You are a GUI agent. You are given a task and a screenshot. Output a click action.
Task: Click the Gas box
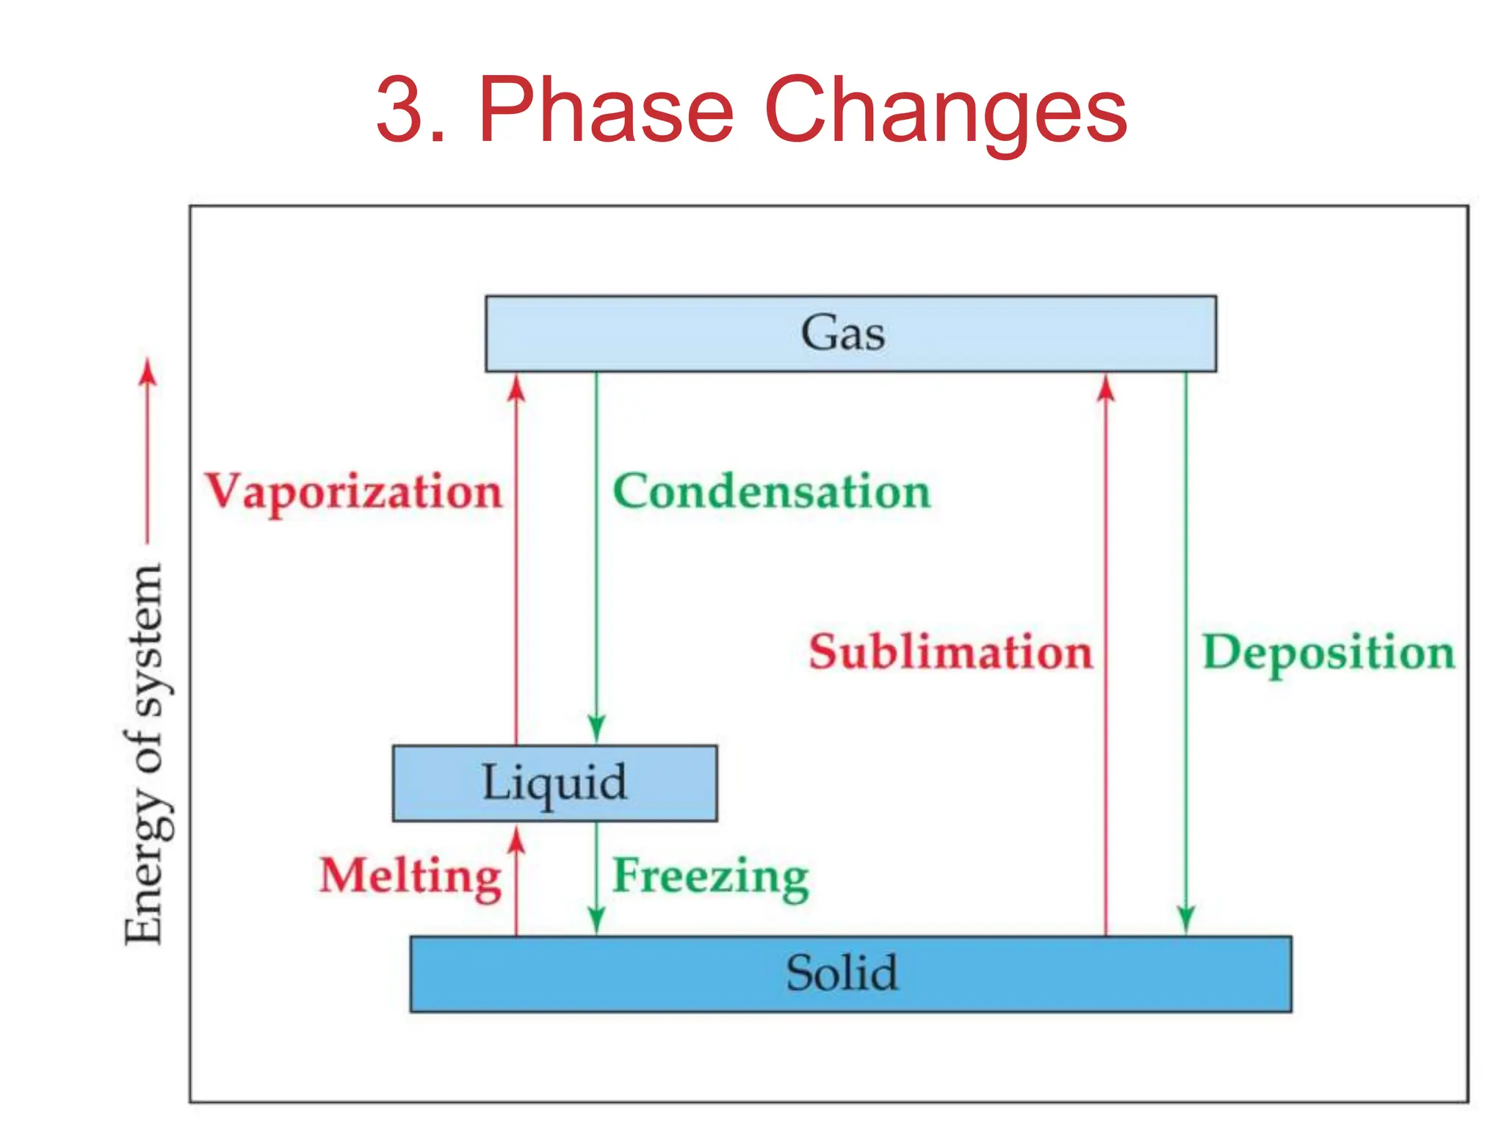pos(850,333)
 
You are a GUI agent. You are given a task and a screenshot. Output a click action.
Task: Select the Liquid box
pos(554,783)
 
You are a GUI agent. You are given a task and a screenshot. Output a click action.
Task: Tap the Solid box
pos(850,974)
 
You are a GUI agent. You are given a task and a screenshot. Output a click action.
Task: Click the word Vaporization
pos(353,491)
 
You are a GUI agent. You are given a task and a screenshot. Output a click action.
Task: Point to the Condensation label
pos(771,491)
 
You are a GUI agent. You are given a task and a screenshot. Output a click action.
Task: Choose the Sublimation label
pos(951,652)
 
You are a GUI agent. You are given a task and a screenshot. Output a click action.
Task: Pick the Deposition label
pos(1328,652)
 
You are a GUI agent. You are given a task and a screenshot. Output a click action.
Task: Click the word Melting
pos(411,876)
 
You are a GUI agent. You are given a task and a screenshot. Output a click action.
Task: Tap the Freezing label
pos(710,876)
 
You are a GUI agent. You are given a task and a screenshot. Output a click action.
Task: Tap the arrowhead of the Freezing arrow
pos(596,919)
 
